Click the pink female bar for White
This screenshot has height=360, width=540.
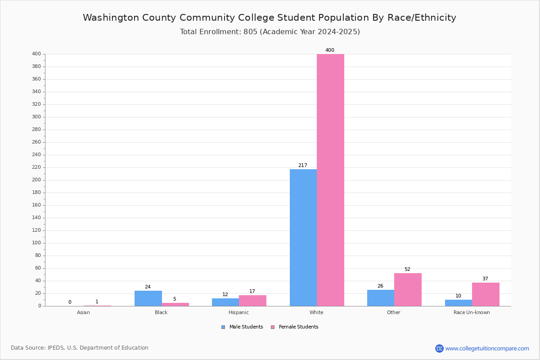tap(330, 180)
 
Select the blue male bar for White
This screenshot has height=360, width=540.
tap(303, 238)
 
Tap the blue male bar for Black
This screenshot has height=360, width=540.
tap(148, 298)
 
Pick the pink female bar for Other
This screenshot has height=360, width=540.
tap(408, 290)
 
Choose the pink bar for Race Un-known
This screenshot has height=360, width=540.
tap(486, 294)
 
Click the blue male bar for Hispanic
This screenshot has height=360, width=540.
tap(225, 302)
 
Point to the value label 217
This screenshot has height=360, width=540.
tap(303, 166)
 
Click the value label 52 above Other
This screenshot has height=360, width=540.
tap(407, 270)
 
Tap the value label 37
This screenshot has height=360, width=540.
tap(485, 279)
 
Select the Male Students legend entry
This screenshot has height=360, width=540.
tap(242, 327)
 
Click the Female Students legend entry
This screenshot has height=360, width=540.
tap(295, 327)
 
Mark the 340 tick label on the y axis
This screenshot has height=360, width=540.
tap(36, 92)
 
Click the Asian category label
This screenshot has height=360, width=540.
tap(83, 312)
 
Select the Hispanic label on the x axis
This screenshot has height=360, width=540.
tap(238, 312)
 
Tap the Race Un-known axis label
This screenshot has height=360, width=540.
tap(472, 312)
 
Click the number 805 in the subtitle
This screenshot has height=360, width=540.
tap(251, 32)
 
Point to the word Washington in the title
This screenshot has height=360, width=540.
tap(111, 18)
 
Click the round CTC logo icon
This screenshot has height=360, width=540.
tap(439, 348)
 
